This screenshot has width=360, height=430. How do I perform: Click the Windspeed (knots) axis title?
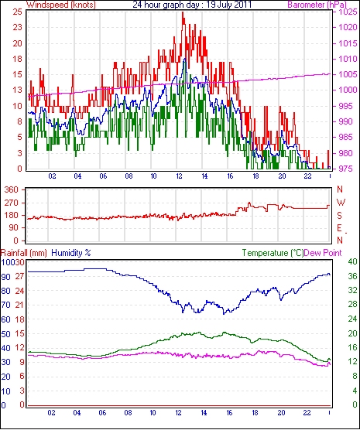pos(61,5)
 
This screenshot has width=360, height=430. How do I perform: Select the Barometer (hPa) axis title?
pos(317,5)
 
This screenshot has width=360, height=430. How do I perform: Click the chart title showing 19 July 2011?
pos(192,5)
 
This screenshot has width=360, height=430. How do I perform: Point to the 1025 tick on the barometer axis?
pos(348,12)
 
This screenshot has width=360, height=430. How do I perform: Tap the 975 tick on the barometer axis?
pos(348,169)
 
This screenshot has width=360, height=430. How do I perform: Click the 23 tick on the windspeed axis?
pos(16,27)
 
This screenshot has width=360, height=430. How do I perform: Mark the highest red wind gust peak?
pos(183,12)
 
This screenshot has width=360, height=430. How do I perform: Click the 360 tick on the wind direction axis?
pos(12,189)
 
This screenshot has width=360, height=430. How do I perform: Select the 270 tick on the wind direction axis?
pos(12,203)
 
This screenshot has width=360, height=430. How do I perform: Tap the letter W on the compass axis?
pos(341,203)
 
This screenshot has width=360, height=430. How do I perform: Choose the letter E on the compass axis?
pos(339,228)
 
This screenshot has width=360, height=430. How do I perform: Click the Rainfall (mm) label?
pos(24,253)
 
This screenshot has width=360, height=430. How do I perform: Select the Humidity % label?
pos(71,253)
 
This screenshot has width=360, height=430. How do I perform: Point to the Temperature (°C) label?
pos(273,253)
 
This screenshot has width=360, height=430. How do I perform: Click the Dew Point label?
pos(323,253)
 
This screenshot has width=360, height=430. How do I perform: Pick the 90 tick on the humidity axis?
pos(5,277)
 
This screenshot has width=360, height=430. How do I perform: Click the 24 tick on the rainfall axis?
pos(19,291)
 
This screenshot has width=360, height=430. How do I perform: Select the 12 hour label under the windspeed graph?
pos(179,176)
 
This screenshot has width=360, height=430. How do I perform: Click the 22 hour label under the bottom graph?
pos(307,412)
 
